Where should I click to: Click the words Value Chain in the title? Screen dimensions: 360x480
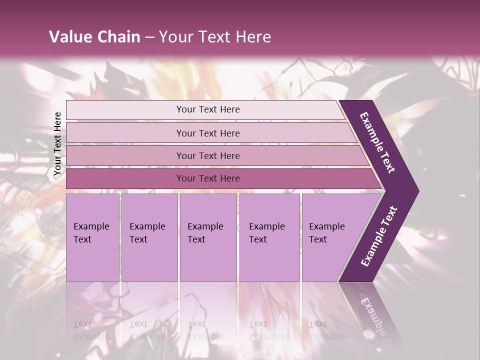(x=94, y=37)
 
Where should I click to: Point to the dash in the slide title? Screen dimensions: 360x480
(x=149, y=37)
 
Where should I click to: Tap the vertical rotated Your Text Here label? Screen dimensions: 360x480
(x=57, y=143)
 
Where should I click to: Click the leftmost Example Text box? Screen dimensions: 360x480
(x=92, y=237)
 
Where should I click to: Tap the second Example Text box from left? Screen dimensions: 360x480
(x=149, y=237)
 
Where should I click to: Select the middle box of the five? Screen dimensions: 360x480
(x=208, y=237)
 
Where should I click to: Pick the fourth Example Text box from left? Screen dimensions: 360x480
(x=269, y=237)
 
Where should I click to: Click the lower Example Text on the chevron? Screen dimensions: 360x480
(x=379, y=236)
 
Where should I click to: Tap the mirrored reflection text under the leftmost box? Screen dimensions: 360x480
(x=91, y=330)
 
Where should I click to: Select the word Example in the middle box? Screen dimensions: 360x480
(x=205, y=226)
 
